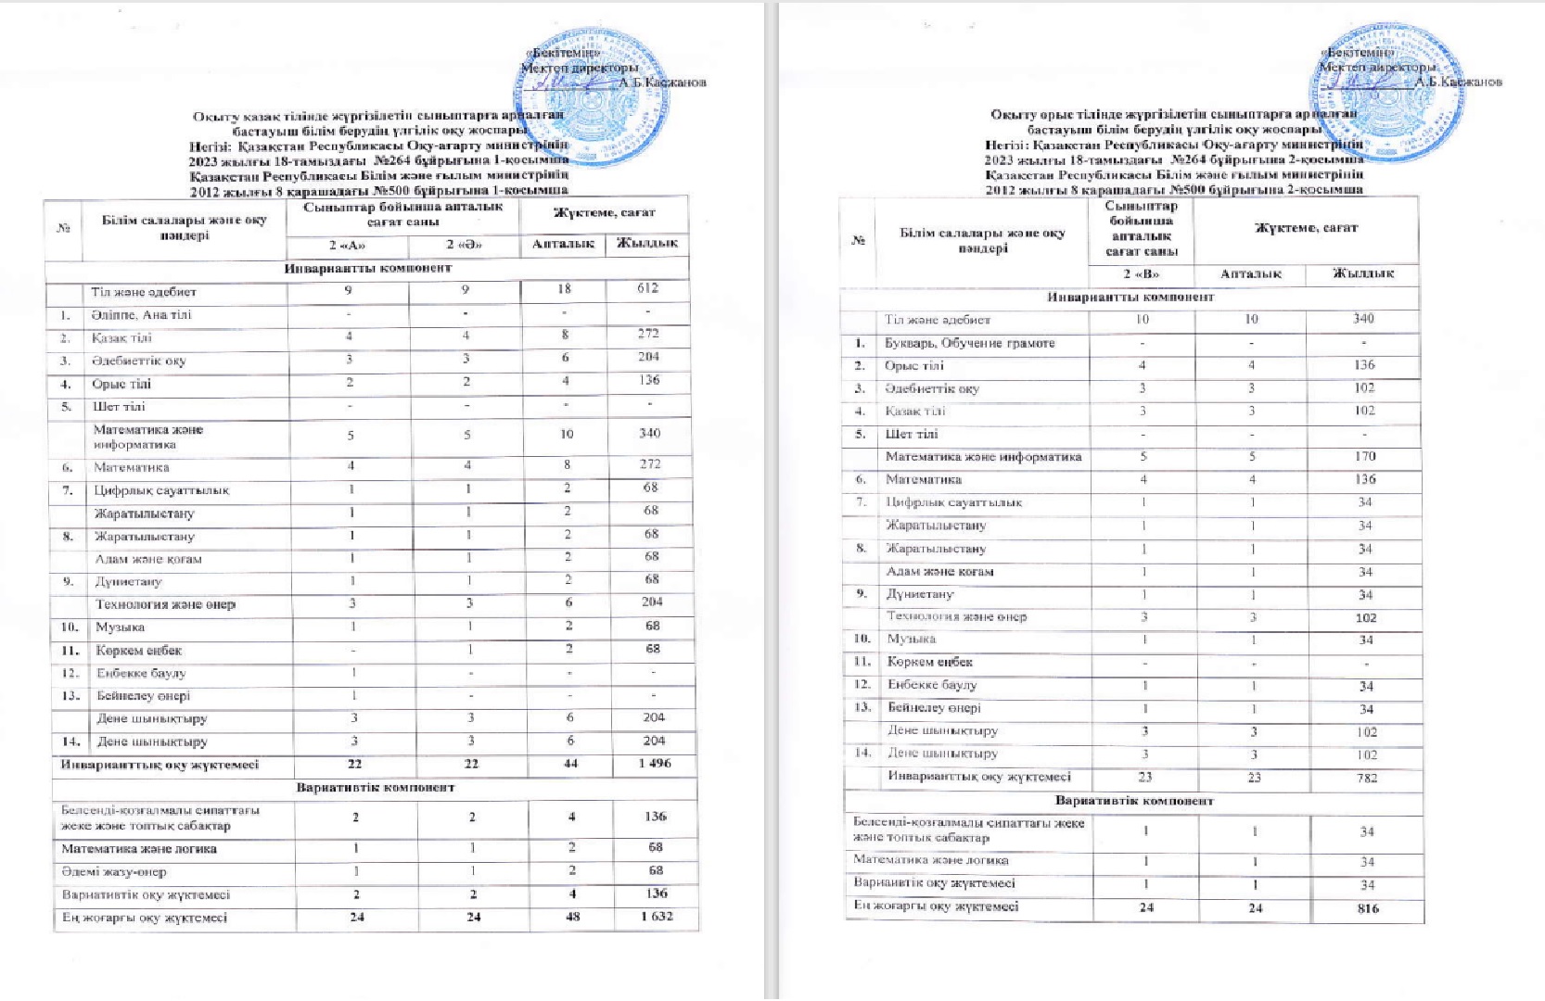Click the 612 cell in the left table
click(650, 289)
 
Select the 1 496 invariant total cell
click(654, 764)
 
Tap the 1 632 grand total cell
click(656, 917)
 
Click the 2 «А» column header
click(347, 245)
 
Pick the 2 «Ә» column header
click(465, 245)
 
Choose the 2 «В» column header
click(1142, 274)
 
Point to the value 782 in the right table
click(1367, 778)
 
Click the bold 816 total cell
click(1368, 908)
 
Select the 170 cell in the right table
click(1364, 456)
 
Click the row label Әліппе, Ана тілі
click(142, 315)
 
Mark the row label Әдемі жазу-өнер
click(114, 871)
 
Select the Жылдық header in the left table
click(646, 244)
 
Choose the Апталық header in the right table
click(1250, 274)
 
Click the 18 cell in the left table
click(565, 289)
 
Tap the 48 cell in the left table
click(572, 917)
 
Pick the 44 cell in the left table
click(570, 764)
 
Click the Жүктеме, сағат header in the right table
click(1306, 228)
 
